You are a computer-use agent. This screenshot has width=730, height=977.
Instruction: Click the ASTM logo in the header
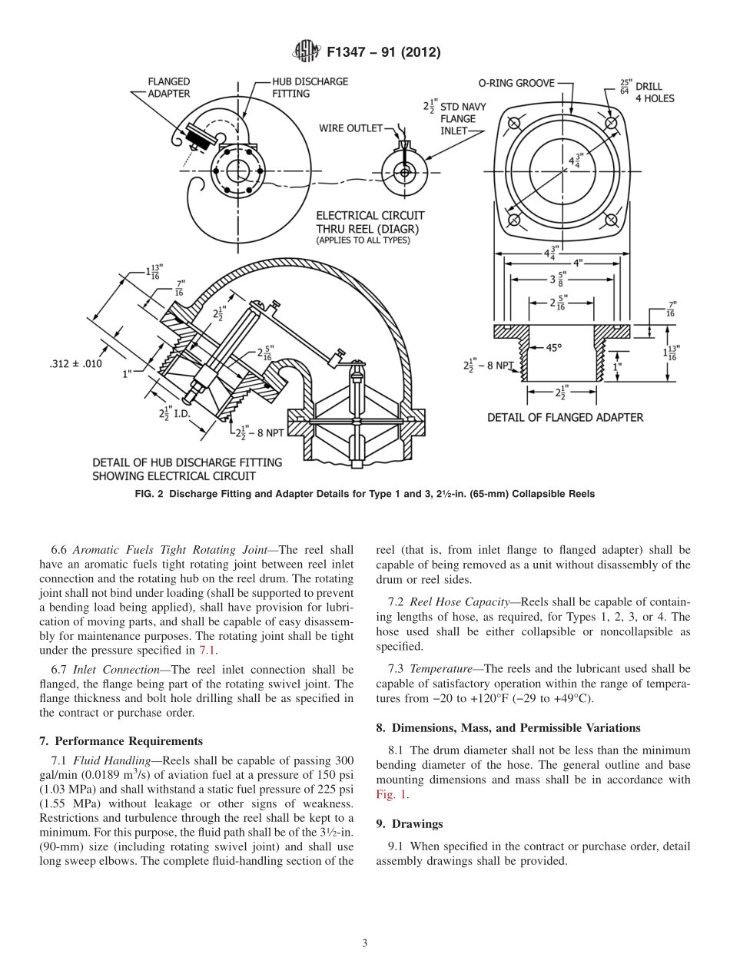point(307,52)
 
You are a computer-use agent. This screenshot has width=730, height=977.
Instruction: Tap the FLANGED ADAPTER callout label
point(168,88)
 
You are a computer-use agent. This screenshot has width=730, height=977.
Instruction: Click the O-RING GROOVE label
point(516,83)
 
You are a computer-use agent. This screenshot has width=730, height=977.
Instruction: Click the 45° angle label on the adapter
point(553,347)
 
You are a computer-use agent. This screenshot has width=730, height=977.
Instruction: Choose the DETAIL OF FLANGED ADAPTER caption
point(565,418)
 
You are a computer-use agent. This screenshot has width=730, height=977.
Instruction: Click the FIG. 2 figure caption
point(365,494)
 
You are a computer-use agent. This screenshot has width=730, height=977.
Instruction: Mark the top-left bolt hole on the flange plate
point(514,124)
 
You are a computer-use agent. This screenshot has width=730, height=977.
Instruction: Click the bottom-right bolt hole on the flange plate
point(612,220)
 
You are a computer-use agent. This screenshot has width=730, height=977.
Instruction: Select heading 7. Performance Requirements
point(121,741)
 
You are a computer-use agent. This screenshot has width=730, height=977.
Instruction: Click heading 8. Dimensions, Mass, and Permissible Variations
point(508,727)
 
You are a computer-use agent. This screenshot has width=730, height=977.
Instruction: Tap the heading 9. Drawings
point(409,823)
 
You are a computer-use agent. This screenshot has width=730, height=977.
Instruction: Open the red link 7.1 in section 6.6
point(208,650)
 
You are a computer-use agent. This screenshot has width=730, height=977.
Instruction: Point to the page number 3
point(365,943)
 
